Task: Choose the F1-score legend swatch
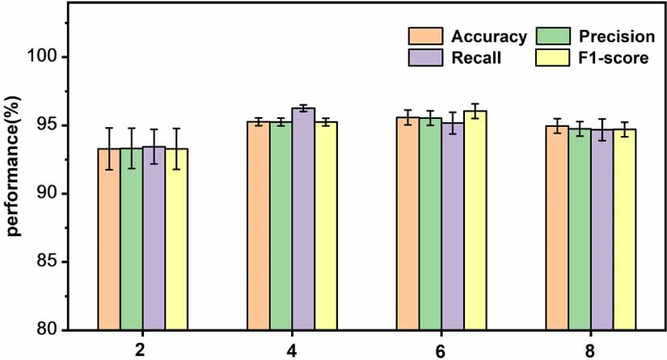554,58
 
